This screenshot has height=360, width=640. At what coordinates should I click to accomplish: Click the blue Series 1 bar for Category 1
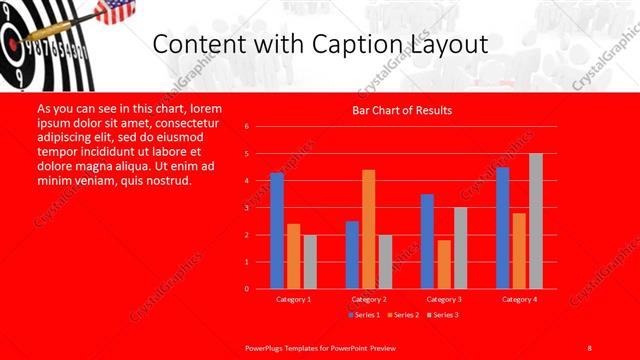pyautogui.click(x=277, y=231)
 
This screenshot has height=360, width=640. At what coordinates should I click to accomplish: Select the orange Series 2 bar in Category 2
pyautogui.click(x=369, y=229)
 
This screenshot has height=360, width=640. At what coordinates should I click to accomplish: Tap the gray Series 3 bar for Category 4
pyautogui.click(x=536, y=221)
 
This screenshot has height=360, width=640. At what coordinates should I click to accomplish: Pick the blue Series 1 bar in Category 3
pyautogui.click(x=427, y=241)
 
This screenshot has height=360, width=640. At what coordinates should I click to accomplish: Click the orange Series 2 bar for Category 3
pyautogui.click(x=444, y=264)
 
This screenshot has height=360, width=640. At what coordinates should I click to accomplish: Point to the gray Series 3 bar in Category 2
pyautogui.click(x=386, y=262)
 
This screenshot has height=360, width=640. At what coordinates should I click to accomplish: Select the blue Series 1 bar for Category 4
pyautogui.click(x=502, y=228)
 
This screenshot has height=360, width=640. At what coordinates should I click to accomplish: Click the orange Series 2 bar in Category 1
pyautogui.click(x=294, y=256)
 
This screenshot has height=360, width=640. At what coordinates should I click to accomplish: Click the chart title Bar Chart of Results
pyautogui.click(x=402, y=110)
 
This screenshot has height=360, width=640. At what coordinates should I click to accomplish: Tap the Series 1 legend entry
pyautogui.click(x=364, y=315)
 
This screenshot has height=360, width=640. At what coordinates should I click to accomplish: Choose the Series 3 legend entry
pyautogui.click(x=443, y=315)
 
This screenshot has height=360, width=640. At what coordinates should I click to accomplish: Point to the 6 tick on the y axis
pyautogui.click(x=247, y=127)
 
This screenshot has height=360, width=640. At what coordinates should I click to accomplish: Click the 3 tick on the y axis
pyautogui.click(x=247, y=208)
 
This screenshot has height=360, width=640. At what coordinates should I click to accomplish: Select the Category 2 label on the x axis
pyautogui.click(x=369, y=299)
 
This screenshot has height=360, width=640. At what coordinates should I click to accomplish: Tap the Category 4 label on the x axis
pyautogui.click(x=519, y=299)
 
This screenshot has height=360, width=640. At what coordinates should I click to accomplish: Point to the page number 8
pyautogui.click(x=590, y=346)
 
